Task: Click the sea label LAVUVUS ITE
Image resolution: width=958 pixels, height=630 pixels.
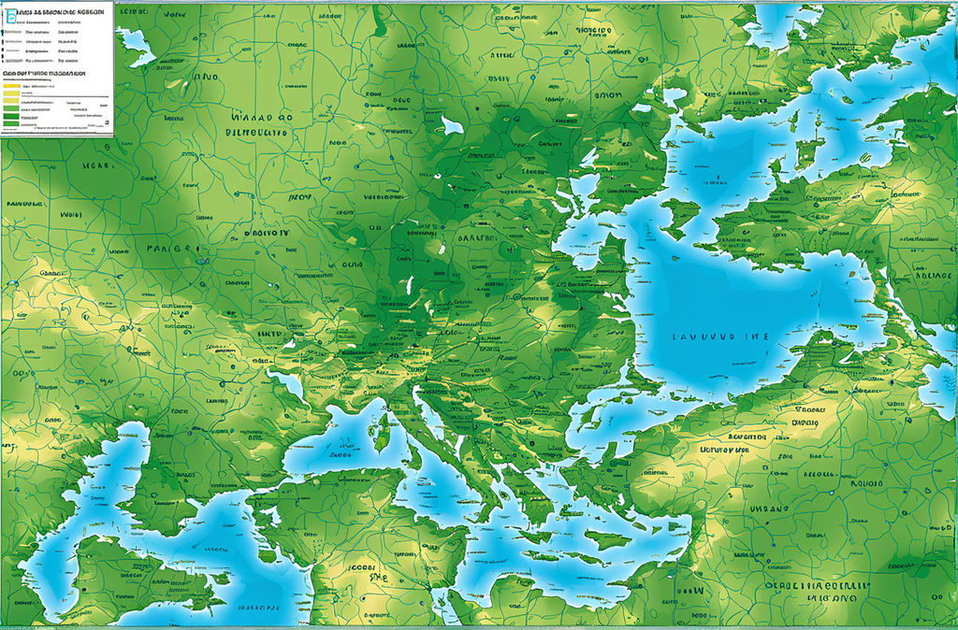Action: pyautogui.click(x=719, y=336)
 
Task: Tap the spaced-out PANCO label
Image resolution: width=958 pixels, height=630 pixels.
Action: pyautogui.click(x=172, y=251)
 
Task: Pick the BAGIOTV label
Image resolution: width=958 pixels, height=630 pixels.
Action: pyautogui.click(x=268, y=231)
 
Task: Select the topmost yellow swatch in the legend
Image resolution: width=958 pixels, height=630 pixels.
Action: pyautogui.click(x=11, y=85)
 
